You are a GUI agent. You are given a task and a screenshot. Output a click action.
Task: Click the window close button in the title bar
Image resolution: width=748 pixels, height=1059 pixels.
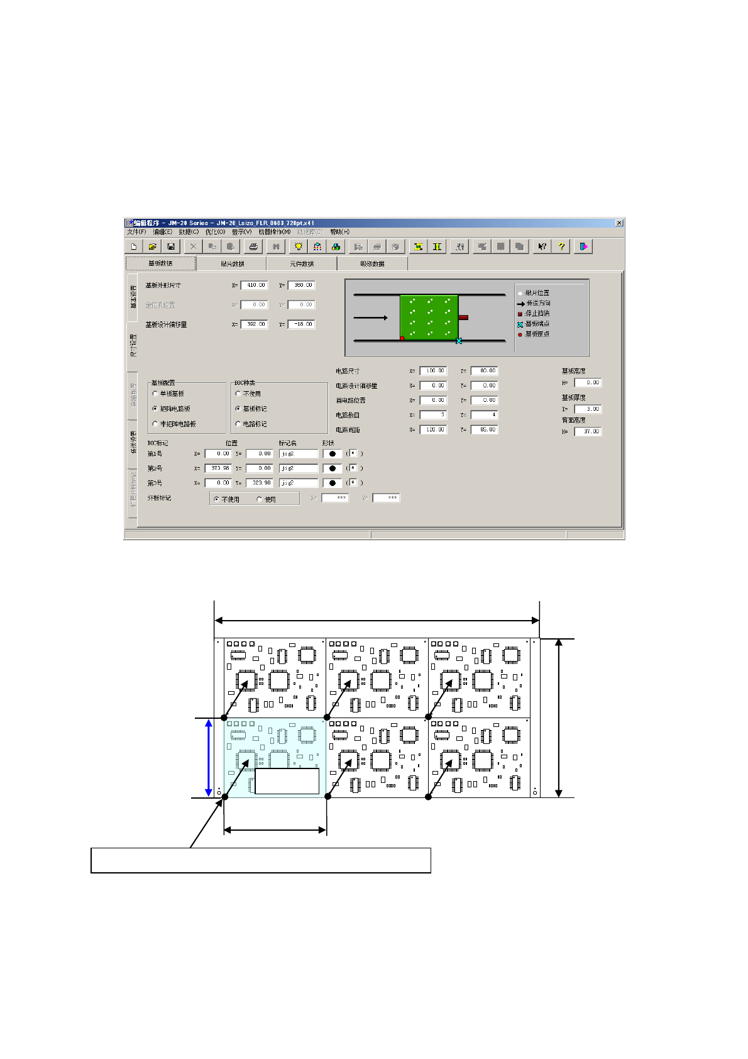coord(619,223)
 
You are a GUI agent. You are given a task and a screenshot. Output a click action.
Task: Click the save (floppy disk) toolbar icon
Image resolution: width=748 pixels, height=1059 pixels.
coord(170,247)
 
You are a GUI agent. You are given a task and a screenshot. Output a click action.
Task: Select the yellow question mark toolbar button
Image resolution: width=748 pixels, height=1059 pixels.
coord(561,247)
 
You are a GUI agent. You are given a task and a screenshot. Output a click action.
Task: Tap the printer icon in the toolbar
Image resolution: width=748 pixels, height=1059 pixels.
coord(253,247)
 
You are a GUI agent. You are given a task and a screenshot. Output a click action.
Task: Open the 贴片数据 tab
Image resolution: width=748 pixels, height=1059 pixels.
coord(232,263)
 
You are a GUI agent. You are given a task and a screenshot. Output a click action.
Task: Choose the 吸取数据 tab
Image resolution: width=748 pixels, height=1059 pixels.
coord(372,263)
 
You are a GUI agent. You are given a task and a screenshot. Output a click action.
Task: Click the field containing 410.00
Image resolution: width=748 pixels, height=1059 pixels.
coord(255,285)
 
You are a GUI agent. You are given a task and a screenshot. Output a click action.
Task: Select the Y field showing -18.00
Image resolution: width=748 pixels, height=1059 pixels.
coord(302,324)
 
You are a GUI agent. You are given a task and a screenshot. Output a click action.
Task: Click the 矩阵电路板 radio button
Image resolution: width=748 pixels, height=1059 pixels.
coord(155,409)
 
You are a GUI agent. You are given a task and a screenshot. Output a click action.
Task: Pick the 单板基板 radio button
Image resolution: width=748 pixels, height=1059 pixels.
coord(155,394)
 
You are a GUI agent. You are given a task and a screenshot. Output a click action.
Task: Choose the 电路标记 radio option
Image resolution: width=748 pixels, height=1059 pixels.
coord(238,424)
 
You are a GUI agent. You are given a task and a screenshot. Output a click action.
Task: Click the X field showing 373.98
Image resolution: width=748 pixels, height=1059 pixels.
coord(218,469)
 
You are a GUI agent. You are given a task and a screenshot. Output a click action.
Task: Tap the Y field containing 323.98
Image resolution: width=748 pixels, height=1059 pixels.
coord(259,483)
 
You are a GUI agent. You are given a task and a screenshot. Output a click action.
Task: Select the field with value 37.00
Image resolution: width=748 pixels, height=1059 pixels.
coord(588,431)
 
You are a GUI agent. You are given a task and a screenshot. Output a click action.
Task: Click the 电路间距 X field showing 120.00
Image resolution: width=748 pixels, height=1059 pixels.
coord(433,430)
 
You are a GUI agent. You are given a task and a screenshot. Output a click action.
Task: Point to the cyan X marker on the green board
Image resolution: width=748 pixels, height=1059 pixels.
coord(459,341)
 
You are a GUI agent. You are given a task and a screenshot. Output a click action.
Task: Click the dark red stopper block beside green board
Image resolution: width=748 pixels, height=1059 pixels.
coord(463,318)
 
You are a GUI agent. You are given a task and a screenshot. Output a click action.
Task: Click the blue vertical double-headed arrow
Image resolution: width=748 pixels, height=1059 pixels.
coord(209,758)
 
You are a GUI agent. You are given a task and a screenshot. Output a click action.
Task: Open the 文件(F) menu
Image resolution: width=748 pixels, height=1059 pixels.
coord(136,232)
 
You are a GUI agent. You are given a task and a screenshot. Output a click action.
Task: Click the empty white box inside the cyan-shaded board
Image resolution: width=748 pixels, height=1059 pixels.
coord(287,780)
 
